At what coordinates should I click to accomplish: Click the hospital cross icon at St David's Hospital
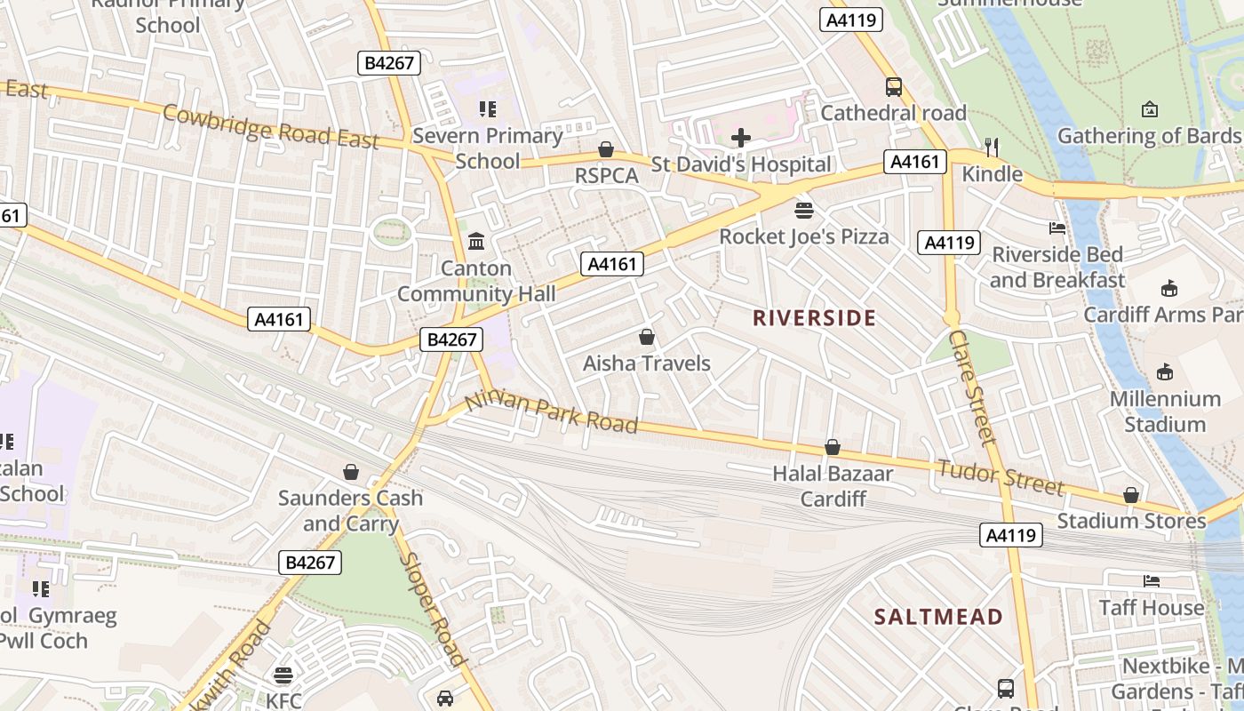(740, 138)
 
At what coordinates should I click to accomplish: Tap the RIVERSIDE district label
(814, 318)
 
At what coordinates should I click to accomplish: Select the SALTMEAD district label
(938, 617)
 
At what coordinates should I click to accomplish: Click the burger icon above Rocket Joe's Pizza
(804, 211)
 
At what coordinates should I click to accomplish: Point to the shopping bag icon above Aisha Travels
(647, 338)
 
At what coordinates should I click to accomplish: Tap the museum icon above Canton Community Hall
(476, 242)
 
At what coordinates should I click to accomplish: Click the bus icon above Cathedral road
(894, 87)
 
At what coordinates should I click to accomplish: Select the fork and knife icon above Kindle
(992, 148)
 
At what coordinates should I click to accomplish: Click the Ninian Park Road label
(551, 411)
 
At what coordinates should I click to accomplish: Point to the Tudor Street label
(1000, 477)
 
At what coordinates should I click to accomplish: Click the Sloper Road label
(433, 610)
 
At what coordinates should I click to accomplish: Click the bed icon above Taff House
(1151, 581)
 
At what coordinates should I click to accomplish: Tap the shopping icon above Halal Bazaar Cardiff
(833, 447)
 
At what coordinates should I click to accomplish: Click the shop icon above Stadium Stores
(1131, 495)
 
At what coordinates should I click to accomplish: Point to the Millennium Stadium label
(1164, 411)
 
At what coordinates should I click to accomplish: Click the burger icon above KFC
(283, 675)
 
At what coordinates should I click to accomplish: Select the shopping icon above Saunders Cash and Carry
(351, 472)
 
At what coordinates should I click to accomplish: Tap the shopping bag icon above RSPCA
(606, 149)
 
